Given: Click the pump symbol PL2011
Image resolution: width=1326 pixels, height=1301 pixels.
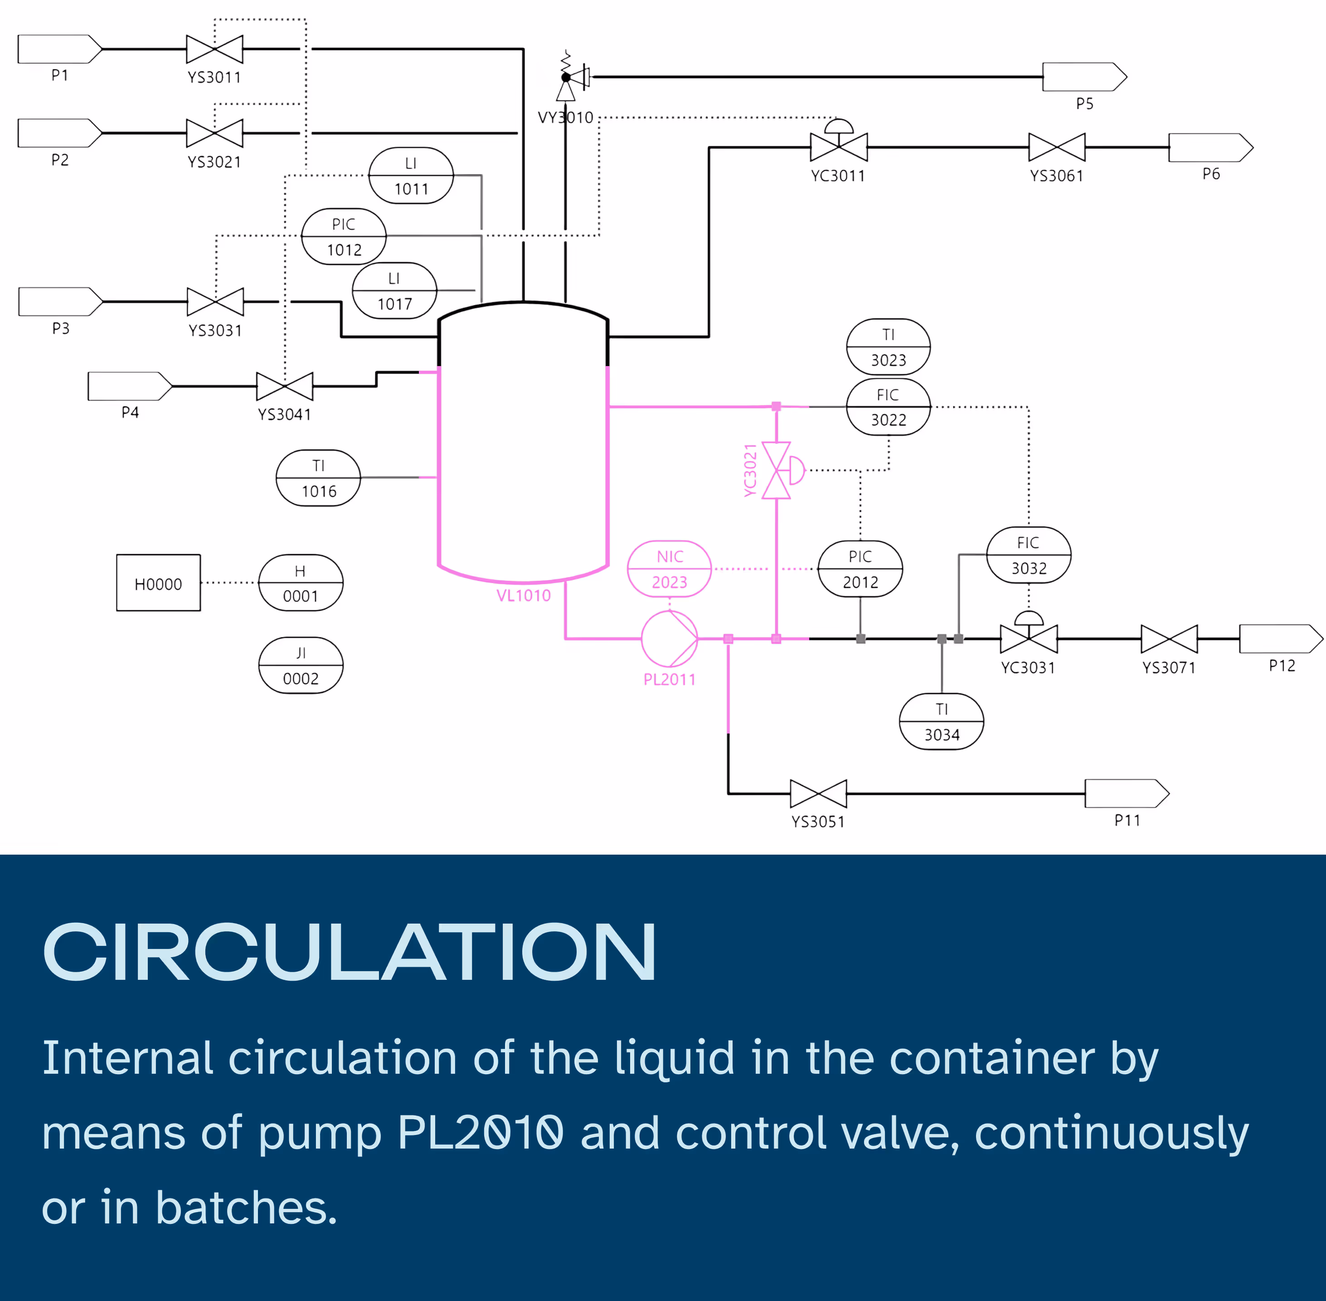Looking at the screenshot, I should (x=669, y=639).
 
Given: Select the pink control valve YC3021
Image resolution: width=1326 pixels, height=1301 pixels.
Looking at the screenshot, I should (x=777, y=470).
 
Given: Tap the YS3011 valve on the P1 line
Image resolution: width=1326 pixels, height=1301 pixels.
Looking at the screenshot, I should (x=214, y=49).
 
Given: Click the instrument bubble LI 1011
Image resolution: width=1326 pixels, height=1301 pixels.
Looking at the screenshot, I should (x=411, y=176).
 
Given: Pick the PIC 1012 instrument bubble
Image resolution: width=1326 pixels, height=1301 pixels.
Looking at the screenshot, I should (x=344, y=236).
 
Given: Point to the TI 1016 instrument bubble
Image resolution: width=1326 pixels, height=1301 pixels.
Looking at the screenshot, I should (x=318, y=478).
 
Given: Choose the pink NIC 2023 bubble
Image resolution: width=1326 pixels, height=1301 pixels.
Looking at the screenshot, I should (x=669, y=569).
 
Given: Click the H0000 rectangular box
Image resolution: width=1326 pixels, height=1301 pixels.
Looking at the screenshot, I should (x=158, y=583).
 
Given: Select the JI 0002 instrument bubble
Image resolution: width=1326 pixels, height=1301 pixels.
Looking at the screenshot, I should (x=301, y=665).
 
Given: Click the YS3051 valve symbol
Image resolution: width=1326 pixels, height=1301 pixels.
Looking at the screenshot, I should (x=818, y=793).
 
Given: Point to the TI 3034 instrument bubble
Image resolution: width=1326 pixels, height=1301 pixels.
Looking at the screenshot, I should (x=942, y=722).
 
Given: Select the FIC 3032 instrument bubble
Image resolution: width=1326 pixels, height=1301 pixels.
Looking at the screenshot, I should (x=1028, y=555).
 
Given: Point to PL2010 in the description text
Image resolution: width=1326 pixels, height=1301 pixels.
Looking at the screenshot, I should (x=480, y=1133).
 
